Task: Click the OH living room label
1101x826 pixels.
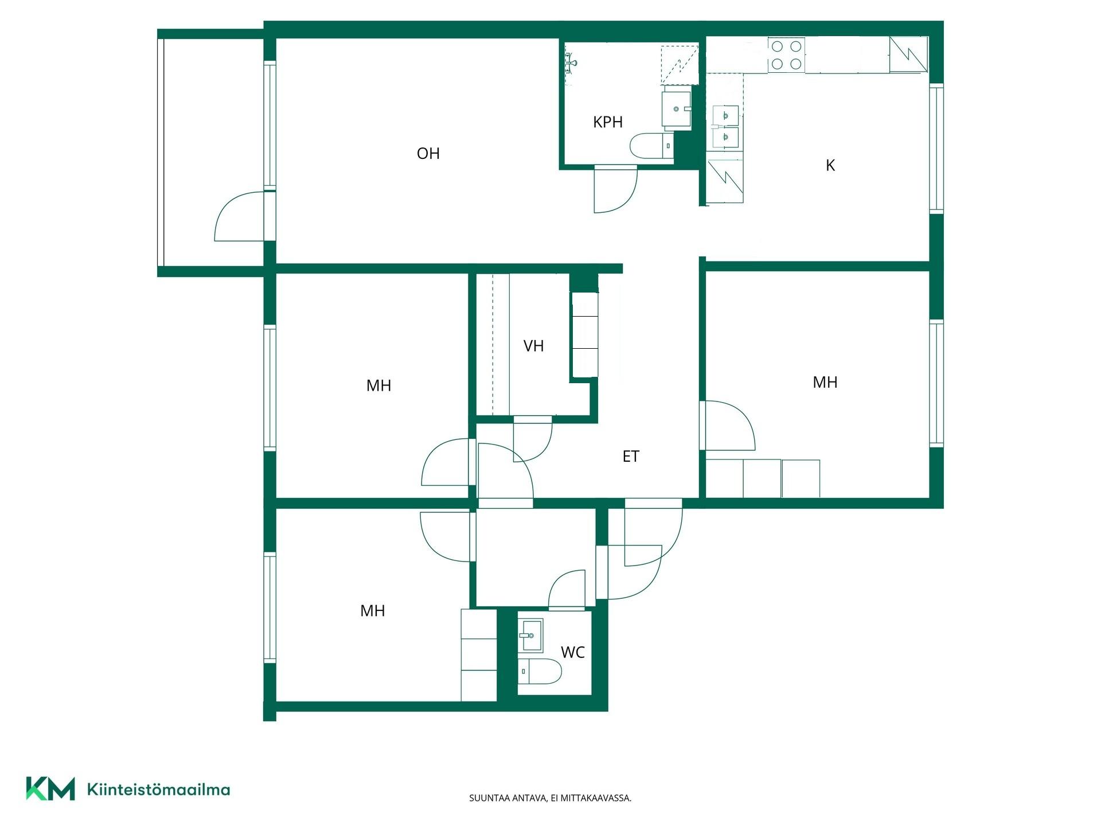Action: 428,153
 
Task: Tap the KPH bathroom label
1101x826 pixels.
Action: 608,122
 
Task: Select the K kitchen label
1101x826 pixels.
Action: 830,165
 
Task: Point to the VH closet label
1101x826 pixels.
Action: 533,346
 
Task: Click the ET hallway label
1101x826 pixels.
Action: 631,456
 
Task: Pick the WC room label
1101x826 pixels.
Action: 573,652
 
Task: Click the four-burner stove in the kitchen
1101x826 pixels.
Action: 786,55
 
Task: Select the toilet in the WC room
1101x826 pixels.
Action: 540,671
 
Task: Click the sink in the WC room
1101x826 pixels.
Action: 530,636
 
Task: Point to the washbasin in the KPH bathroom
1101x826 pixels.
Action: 677,108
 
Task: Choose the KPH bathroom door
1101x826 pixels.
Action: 616,189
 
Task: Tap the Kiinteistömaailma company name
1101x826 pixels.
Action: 158,789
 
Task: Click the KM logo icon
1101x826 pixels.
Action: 50,789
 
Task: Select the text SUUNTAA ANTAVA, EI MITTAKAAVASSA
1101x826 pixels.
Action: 550,798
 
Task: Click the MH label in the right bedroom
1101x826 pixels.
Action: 825,382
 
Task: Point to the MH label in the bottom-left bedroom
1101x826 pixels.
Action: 372,611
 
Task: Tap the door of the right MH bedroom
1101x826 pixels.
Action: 728,426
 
